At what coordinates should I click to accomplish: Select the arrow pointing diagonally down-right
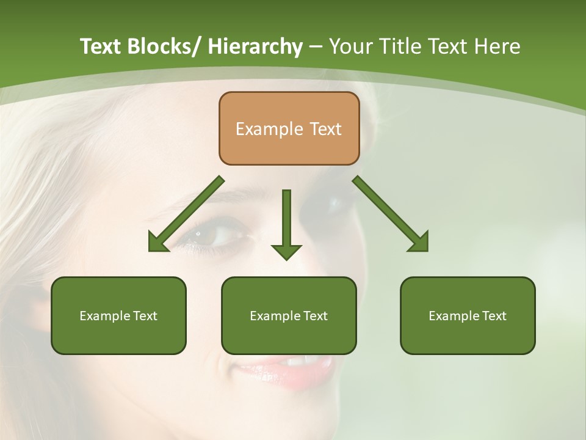pyautogui.click(x=391, y=214)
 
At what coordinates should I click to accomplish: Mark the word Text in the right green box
pyautogui.click(x=494, y=316)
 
